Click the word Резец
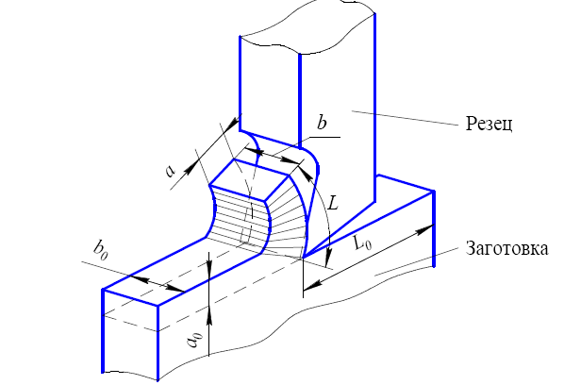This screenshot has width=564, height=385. (x=489, y=125)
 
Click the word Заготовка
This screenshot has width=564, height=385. (x=506, y=248)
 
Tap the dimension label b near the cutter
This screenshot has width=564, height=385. (x=322, y=123)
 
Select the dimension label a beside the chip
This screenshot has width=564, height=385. (x=170, y=171)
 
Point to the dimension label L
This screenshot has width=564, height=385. (x=334, y=204)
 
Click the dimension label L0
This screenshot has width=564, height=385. (x=362, y=243)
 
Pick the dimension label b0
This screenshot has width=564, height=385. (x=100, y=249)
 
